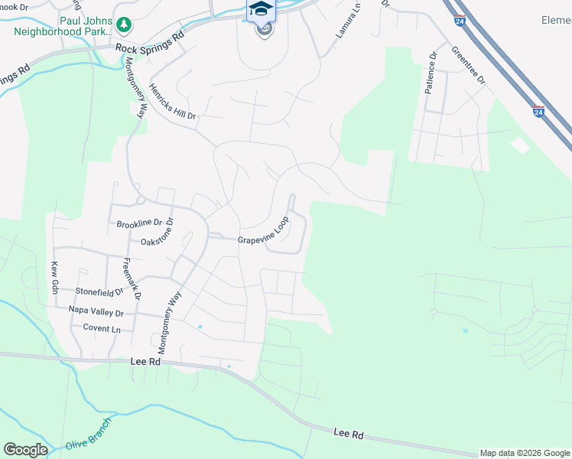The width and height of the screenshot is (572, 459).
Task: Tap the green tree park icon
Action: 124,26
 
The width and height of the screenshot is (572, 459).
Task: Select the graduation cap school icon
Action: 261,10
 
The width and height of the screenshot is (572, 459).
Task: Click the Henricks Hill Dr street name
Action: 173,100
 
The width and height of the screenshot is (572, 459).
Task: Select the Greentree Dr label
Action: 469,66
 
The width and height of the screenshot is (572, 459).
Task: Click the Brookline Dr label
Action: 140,224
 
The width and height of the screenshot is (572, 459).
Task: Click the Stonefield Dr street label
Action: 99,291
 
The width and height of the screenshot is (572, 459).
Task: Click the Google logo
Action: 25,450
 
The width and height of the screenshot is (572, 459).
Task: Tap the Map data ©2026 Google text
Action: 525,453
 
